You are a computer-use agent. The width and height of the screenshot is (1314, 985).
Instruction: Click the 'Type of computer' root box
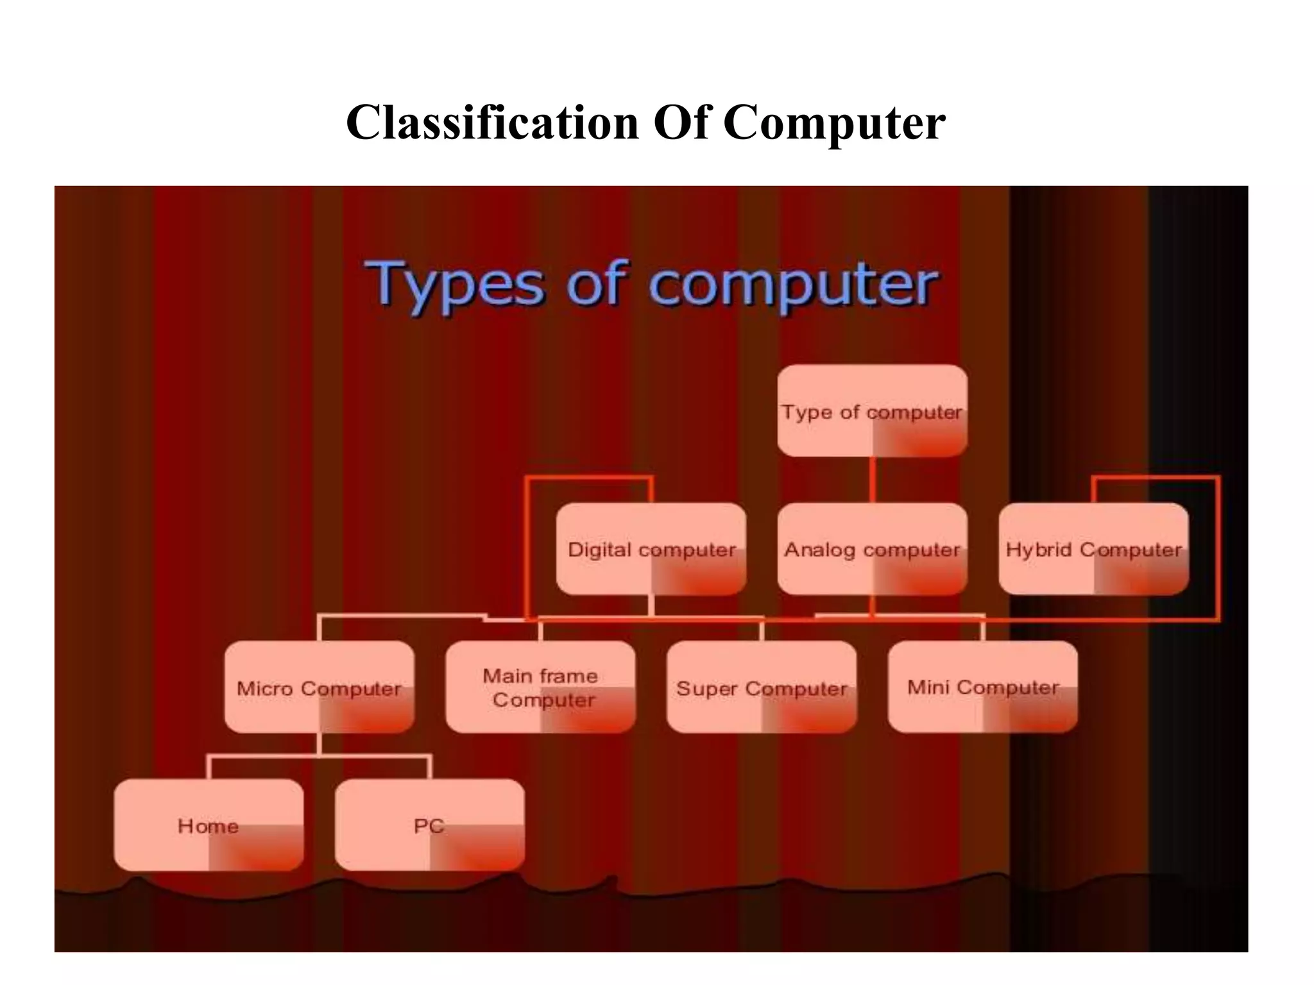(x=872, y=411)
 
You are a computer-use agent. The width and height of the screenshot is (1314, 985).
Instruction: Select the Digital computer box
(x=651, y=549)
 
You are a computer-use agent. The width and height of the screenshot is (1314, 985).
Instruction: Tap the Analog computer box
(x=872, y=549)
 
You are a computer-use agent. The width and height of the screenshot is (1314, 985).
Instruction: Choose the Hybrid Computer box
(x=1093, y=549)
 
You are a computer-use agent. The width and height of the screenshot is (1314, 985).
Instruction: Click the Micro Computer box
(x=319, y=687)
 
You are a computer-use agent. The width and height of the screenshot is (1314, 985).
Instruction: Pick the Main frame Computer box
(x=540, y=687)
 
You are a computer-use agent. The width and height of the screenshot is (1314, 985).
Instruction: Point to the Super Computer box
(x=762, y=687)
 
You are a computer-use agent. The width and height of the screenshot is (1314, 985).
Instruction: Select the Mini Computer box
(x=982, y=687)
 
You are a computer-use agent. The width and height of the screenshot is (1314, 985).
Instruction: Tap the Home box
(x=209, y=825)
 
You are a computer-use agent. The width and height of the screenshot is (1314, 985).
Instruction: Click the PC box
(x=429, y=825)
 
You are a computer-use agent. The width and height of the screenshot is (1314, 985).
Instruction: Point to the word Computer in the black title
(x=834, y=123)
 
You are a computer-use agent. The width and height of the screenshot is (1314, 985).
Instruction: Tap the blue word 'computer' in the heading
(x=792, y=285)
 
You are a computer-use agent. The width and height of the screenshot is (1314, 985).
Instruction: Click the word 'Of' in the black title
(x=681, y=122)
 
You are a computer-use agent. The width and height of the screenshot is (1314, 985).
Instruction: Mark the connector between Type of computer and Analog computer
(x=873, y=480)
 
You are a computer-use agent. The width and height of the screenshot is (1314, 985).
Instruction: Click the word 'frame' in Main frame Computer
(x=568, y=676)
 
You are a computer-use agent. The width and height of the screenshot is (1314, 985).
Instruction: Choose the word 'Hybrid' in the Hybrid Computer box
(x=1038, y=550)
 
